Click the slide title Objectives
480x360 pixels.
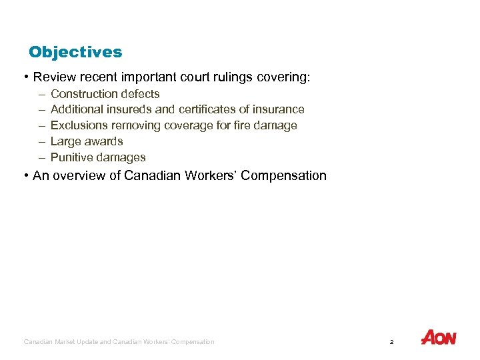pyautogui.click(x=75, y=52)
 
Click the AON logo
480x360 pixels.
pyautogui.click(x=439, y=338)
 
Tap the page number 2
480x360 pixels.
pyautogui.click(x=391, y=342)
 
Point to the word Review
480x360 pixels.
pyautogui.click(x=53, y=77)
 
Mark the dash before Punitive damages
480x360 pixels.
pyautogui.click(x=41, y=157)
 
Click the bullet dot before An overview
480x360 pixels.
pyautogui.click(x=25, y=176)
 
